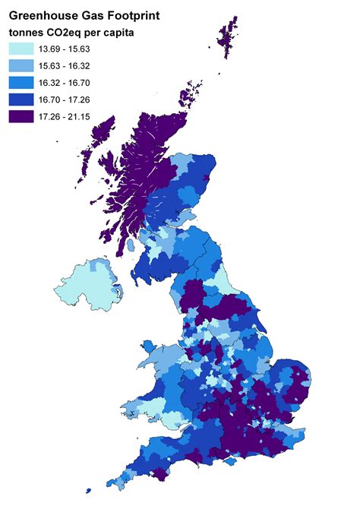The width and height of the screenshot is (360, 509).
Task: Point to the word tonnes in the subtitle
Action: [30, 32]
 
